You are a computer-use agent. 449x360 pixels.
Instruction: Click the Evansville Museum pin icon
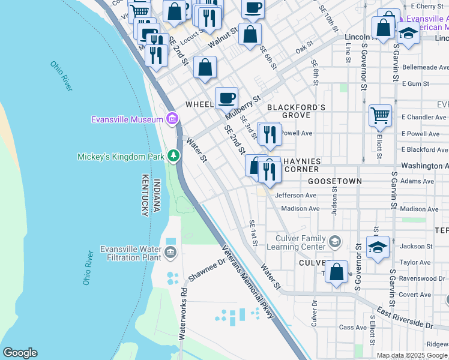pyautogui.click(x=173, y=119)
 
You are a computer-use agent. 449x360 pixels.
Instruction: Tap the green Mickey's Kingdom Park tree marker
pyautogui.click(x=173, y=157)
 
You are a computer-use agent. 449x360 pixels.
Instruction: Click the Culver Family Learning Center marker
pyautogui.click(x=334, y=242)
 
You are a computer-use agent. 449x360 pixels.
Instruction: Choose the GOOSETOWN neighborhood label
pyautogui.click(x=334, y=181)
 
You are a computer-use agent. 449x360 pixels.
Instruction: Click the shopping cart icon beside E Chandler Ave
pyautogui.click(x=379, y=115)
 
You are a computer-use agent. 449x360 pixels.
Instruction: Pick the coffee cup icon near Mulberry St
pyautogui.click(x=226, y=98)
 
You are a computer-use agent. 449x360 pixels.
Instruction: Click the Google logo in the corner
pyautogui.click(x=20, y=353)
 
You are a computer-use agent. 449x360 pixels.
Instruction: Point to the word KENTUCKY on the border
pyautogui.click(x=145, y=197)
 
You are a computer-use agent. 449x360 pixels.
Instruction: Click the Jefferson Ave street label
pyautogui.click(x=295, y=196)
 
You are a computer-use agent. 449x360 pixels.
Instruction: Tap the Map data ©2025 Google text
pyautogui.click(x=412, y=355)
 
